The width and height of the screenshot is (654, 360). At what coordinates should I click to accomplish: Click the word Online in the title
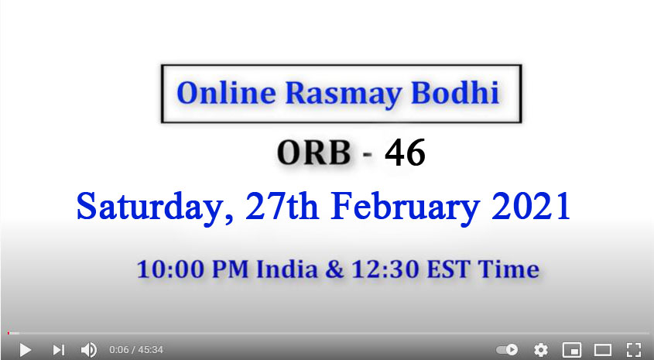coord(226,92)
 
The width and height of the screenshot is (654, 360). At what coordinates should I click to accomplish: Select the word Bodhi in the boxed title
coord(455,92)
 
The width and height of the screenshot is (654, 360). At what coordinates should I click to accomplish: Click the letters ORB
coord(313,153)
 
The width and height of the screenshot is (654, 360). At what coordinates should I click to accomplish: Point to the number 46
coord(405,153)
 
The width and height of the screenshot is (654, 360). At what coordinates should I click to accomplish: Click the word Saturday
coord(154,207)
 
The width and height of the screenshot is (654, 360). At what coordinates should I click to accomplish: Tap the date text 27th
coord(282,206)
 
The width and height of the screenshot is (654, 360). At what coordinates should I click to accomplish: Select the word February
coord(405,207)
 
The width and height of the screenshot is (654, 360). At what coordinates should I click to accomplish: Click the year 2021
coord(531,206)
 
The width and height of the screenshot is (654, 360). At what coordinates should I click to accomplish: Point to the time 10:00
coord(171,269)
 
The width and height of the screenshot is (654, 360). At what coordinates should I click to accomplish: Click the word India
coord(287,269)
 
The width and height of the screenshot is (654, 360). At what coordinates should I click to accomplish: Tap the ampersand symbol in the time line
coord(334,269)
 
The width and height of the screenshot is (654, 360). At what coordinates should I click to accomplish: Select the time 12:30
coord(385,269)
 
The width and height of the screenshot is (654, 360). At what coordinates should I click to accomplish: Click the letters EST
coord(448,269)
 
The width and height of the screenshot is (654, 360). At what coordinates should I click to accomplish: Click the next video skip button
coord(58,350)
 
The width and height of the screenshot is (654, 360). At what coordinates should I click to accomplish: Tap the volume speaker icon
coord(88,350)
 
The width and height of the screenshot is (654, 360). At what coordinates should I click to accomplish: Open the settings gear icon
coord(540,350)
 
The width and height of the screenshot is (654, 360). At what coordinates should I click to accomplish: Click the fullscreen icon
coord(634,350)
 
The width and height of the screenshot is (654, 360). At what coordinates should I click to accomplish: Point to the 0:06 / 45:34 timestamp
coord(136,350)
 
